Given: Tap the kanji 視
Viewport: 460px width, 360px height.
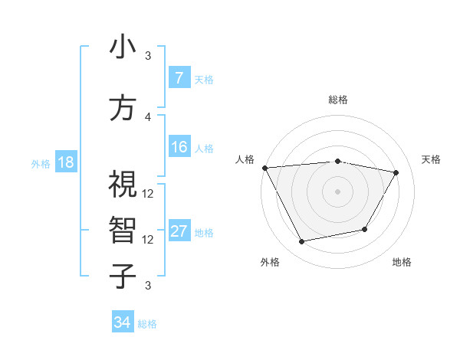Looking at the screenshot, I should click(123, 185).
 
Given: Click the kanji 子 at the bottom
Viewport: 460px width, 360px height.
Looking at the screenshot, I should click(123, 276).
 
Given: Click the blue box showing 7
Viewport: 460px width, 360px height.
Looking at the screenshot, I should click(179, 78).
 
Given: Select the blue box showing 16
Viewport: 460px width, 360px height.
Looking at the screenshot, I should click(179, 147).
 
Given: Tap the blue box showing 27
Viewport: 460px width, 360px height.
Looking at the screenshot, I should click(179, 231).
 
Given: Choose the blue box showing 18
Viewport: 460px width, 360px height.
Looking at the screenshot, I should click(65, 162).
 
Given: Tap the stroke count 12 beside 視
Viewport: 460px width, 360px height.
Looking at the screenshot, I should click(148, 193).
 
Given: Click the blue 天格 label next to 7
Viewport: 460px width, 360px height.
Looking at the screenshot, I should click(204, 79).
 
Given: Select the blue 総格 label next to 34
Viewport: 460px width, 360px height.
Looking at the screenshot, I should click(147, 323).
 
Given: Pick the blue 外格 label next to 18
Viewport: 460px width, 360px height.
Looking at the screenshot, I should click(40, 163).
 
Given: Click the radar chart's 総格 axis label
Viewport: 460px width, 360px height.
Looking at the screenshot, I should click(338, 100).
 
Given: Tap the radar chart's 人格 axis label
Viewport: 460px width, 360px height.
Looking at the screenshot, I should click(245, 159).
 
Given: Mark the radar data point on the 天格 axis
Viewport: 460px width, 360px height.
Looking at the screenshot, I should click(396, 172).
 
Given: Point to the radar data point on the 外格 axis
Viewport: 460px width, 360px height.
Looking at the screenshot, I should click(302, 241).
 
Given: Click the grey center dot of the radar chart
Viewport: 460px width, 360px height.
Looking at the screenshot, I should click(338, 191).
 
